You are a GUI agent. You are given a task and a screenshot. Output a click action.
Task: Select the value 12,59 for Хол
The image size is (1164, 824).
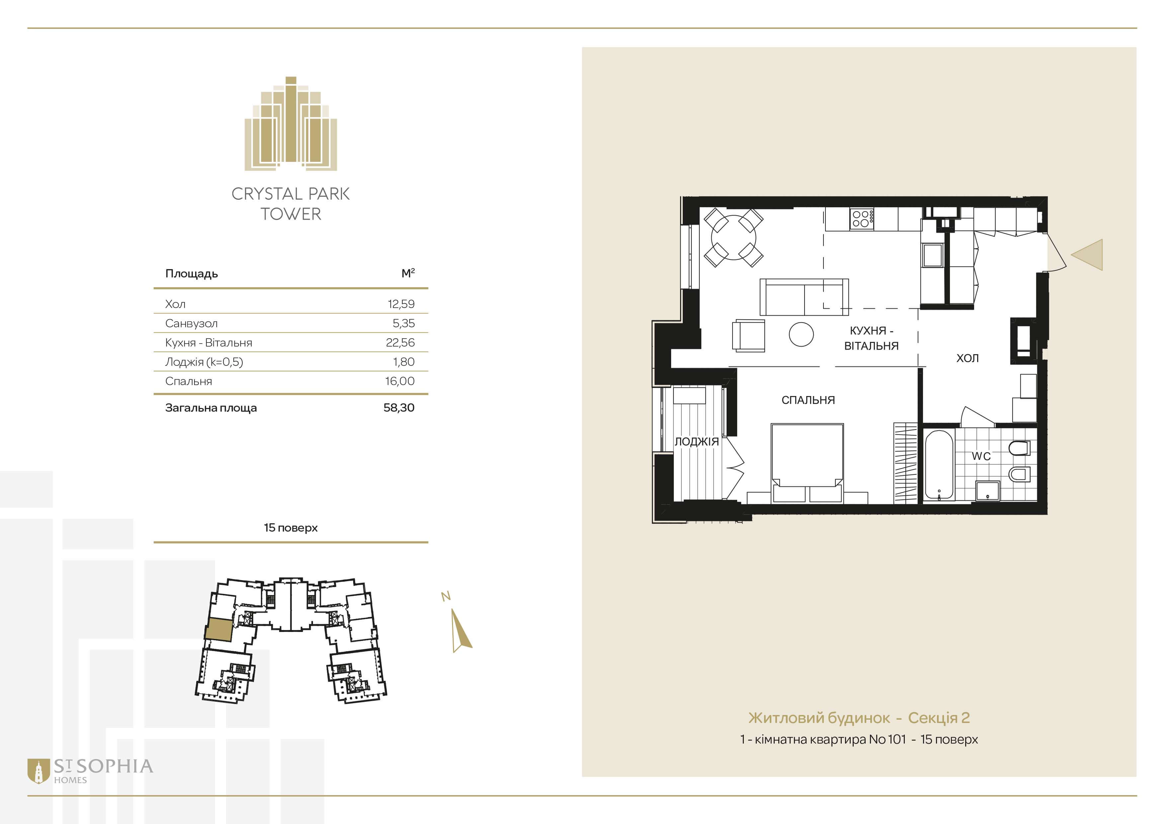tap(401, 304)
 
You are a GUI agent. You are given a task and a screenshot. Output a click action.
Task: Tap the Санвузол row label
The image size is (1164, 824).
tap(191, 323)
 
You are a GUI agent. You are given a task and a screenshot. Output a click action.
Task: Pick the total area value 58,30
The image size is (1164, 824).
tap(399, 407)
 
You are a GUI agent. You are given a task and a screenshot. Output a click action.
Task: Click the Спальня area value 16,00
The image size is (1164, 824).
tap(400, 381)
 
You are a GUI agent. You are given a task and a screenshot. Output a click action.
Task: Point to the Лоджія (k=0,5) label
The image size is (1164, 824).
tap(204, 362)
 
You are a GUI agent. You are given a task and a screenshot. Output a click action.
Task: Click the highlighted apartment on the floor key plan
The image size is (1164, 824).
tap(219, 630)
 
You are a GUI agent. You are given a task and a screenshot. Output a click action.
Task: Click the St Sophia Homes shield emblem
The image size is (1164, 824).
tap(38, 771)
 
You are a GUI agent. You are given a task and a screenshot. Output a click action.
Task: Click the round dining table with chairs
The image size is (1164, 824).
tap(734, 238)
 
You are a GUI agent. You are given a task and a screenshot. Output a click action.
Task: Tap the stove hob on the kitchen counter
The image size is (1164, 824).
tap(862, 219)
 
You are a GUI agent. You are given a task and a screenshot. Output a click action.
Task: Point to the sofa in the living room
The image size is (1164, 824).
tap(804, 297)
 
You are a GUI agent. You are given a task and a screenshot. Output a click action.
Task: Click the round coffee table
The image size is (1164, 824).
tap(802, 334)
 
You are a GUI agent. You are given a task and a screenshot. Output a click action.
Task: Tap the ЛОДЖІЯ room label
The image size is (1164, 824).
tap(697, 442)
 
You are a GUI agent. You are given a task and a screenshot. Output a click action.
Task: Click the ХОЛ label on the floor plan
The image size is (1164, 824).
tap(967, 358)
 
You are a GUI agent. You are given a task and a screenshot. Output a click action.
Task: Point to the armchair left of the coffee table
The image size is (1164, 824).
tap(748, 335)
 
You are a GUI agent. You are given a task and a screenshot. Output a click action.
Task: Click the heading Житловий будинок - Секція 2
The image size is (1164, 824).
tap(859, 718)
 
